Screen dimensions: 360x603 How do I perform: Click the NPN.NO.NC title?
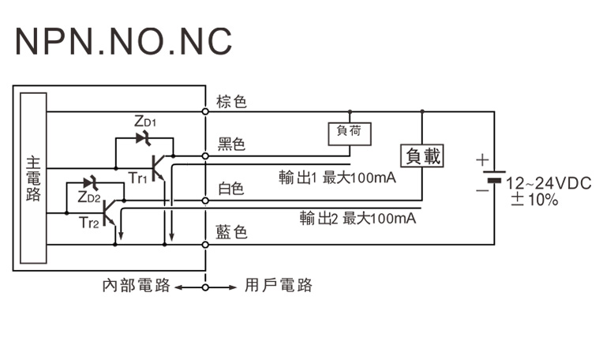coord(123,40)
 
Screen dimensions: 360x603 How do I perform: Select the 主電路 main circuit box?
coord(34,178)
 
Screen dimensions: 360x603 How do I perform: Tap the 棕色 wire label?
coord(232,101)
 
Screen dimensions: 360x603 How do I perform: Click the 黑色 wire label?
coord(232,144)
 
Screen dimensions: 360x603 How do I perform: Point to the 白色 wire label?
coord(231,189)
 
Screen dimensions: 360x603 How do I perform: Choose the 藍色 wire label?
coord(232,232)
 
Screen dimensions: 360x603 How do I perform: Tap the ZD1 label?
coord(146,122)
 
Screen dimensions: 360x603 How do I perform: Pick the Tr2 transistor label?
coord(89,223)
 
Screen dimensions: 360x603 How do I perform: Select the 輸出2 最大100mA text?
coord(358,219)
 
